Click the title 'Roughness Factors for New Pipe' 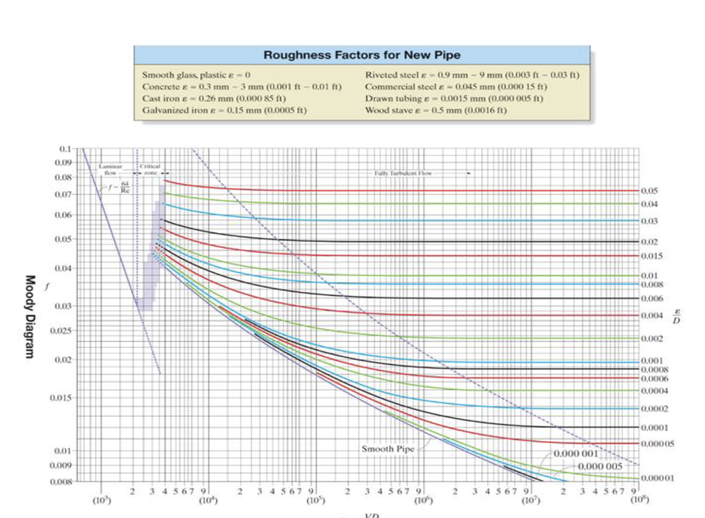click(361, 56)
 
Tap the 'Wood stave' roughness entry click(436, 110)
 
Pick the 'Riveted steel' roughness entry click(472, 74)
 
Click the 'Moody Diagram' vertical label click(30, 316)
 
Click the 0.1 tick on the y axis click(64, 149)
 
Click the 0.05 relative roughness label click(649, 191)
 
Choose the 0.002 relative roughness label click(651, 338)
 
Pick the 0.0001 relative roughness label click(653, 427)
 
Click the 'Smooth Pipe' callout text click(388, 449)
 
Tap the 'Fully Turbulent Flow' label click(403, 173)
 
